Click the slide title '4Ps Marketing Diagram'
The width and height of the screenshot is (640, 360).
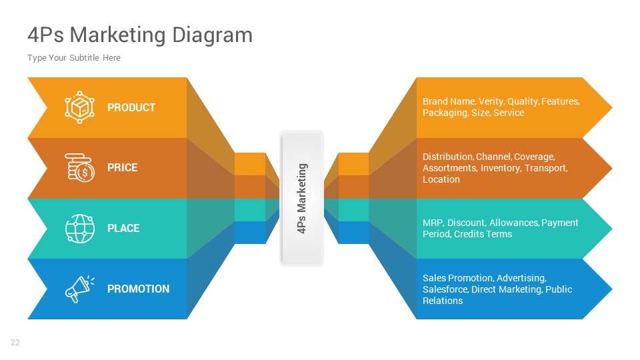(x=140, y=35)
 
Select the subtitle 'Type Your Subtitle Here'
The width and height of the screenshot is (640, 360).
(x=74, y=58)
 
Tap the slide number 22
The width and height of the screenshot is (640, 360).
(x=15, y=343)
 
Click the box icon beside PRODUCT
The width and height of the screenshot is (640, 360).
(x=79, y=107)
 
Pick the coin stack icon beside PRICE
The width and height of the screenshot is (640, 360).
(x=79, y=167)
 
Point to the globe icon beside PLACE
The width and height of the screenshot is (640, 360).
(x=79, y=228)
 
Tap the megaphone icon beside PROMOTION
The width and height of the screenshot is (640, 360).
(x=79, y=289)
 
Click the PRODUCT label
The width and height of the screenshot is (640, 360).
(x=131, y=107)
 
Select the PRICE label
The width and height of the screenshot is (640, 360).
(x=123, y=167)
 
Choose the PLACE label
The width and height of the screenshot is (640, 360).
(x=123, y=228)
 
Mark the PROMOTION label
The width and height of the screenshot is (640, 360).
(x=138, y=289)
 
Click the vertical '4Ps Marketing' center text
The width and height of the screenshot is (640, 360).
(x=301, y=198)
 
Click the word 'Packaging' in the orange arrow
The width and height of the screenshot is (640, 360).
(x=445, y=113)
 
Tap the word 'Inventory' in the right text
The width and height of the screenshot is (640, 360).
(x=500, y=168)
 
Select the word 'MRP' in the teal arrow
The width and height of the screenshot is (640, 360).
(x=433, y=223)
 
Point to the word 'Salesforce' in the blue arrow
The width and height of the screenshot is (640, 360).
(x=445, y=289)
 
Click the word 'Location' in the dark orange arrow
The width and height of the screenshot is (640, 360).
(x=441, y=179)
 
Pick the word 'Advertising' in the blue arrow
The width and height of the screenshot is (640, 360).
(x=521, y=278)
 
